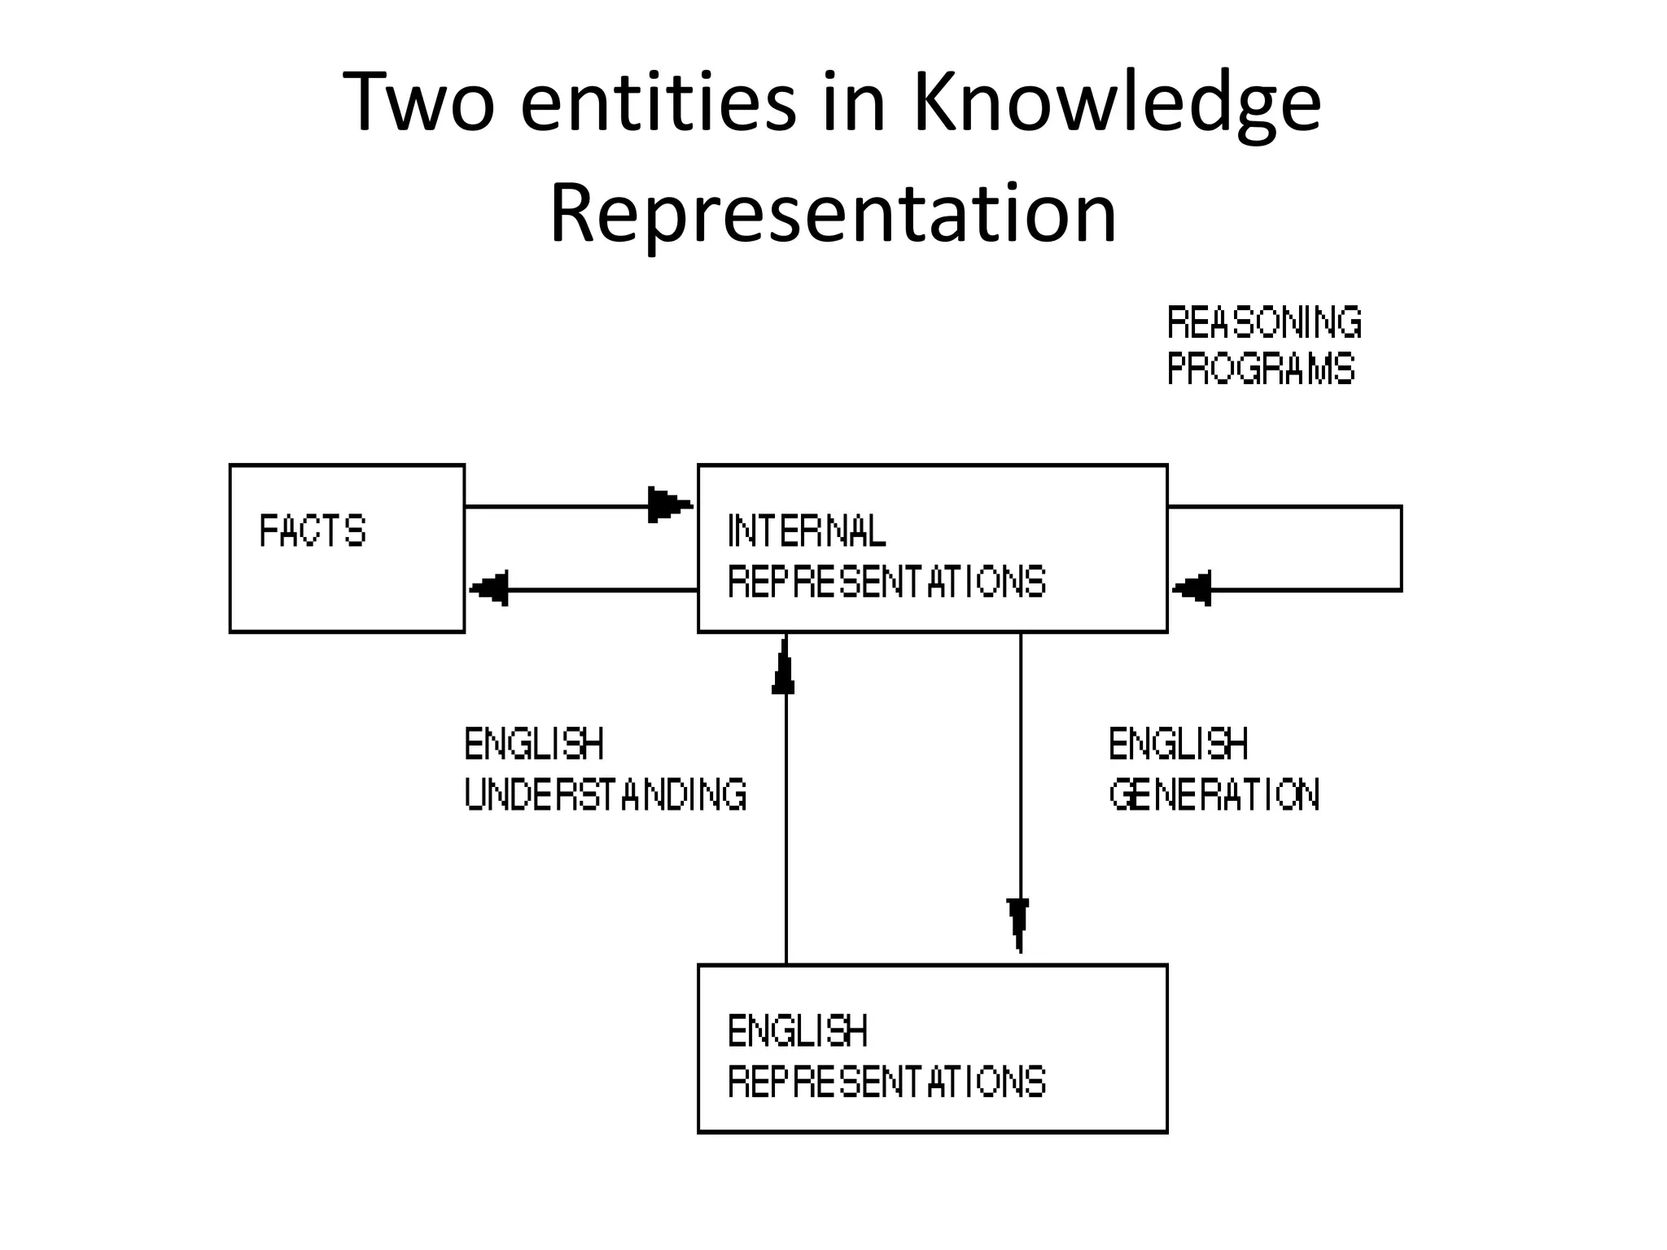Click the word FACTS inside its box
(313, 531)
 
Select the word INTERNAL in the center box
(806, 531)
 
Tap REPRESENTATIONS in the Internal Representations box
(886, 582)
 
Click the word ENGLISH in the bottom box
(798, 1031)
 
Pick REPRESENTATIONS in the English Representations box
(886, 1082)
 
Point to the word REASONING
(1264, 323)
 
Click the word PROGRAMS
(1261, 369)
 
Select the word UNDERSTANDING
(606, 794)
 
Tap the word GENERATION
(1214, 794)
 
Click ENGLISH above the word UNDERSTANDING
(534, 744)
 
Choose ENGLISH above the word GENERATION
(1178, 744)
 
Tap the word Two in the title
(418, 103)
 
